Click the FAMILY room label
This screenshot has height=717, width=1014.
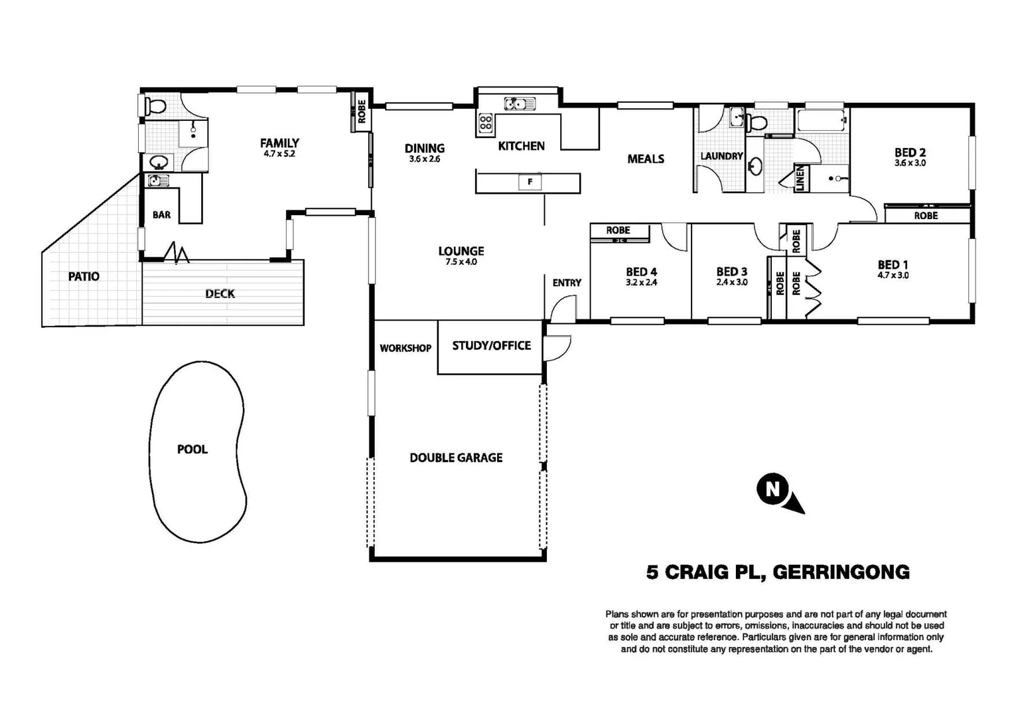279,143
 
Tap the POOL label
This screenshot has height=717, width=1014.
192,449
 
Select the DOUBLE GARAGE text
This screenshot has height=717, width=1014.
456,457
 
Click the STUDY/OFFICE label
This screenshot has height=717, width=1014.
491,346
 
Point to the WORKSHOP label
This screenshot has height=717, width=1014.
405,349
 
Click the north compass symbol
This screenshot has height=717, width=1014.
779,493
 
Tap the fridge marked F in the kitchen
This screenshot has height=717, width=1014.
530,182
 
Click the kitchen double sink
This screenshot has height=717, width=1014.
520,104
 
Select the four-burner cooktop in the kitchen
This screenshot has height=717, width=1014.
485,123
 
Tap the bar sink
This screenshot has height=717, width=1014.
158,181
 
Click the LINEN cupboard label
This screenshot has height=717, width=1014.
800,178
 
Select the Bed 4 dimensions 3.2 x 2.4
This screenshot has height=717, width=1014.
641,283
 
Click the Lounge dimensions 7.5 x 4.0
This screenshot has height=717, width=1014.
461,262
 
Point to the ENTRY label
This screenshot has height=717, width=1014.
567,283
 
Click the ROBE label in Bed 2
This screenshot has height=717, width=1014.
926,216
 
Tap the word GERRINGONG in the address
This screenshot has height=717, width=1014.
841,572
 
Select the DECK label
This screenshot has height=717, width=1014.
220,294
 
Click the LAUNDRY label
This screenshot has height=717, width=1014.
721,156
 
